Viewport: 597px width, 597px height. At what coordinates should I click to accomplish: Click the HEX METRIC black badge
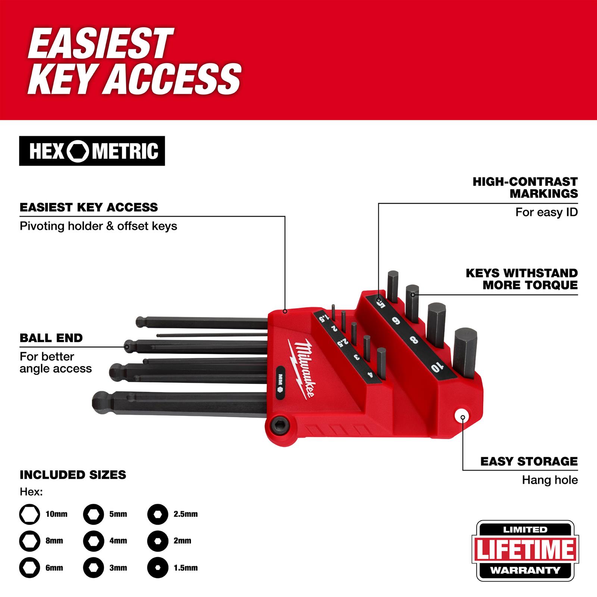[92, 151]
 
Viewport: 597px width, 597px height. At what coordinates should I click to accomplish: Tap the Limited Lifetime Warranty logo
[525, 551]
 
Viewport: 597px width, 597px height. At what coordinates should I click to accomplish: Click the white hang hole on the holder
[462, 416]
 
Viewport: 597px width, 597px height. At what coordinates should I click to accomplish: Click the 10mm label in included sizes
[56, 514]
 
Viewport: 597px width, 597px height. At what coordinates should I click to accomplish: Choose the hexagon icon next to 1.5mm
[158, 568]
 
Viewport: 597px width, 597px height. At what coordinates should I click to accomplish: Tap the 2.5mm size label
[185, 514]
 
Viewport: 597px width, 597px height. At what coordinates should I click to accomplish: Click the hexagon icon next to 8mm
[29, 541]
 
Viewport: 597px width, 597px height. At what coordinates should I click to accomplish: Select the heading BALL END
[51, 338]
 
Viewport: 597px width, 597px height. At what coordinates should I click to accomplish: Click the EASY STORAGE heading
[529, 462]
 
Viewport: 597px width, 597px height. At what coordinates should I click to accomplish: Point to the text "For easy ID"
[546, 212]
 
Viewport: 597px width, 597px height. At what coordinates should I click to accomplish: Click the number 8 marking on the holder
[414, 340]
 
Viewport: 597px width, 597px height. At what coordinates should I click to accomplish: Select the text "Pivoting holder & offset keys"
[99, 226]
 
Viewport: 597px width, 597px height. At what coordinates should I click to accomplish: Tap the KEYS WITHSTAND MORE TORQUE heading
[522, 279]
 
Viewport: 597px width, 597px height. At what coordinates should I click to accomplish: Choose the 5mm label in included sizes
[118, 514]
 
